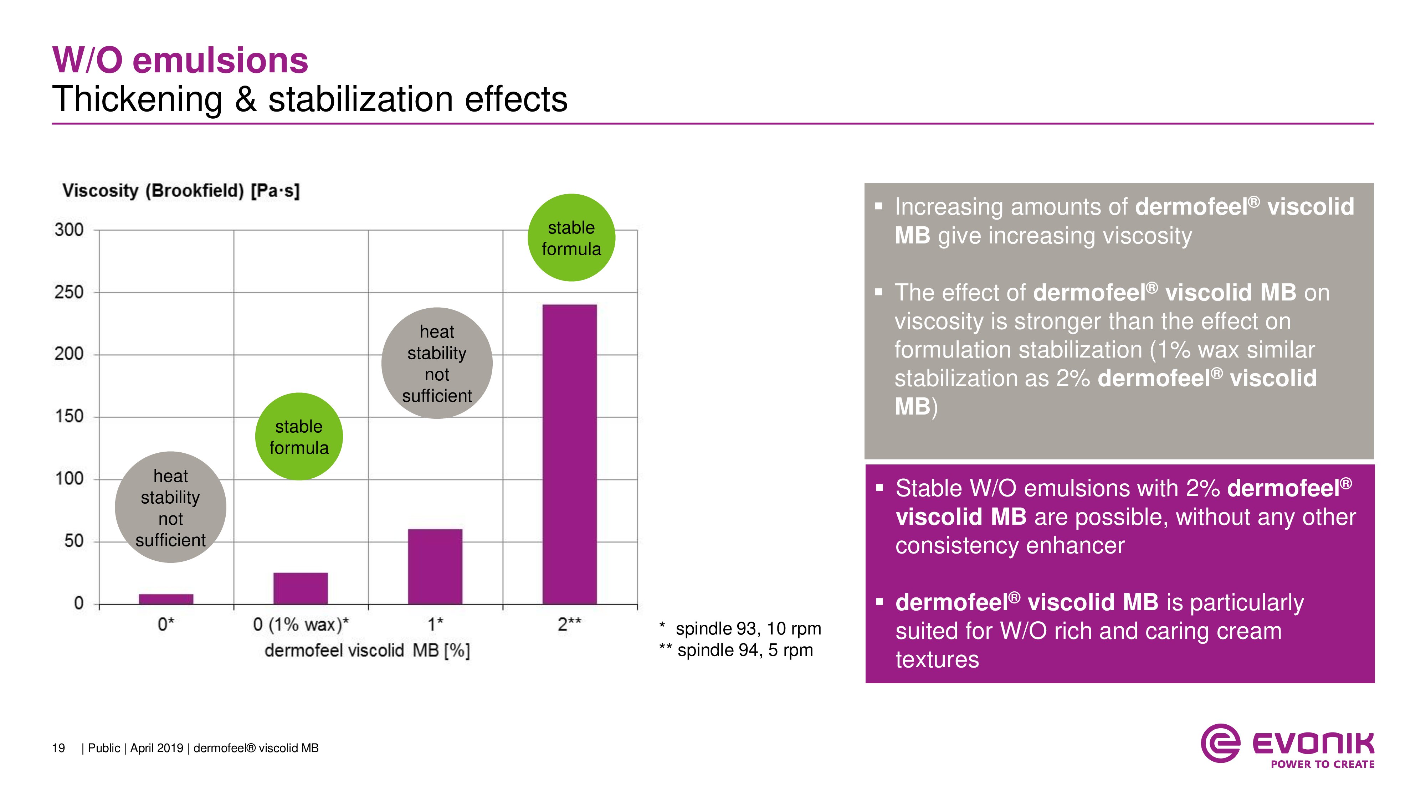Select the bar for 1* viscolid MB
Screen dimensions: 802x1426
pyautogui.click(x=435, y=566)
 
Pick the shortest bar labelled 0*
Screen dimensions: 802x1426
pyautogui.click(x=166, y=599)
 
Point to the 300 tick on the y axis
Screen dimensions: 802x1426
pyautogui.click(x=69, y=230)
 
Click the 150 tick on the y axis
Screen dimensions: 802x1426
pyautogui.click(x=69, y=416)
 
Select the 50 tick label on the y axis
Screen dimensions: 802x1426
pyautogui.click(x=74, y=541)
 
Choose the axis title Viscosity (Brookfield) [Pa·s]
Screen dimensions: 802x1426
pyautogui.click(x=181, y=191)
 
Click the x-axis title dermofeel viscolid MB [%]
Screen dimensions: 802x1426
pyautogui.click(x=367, y=651)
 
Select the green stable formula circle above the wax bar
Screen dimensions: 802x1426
pyautogui.click(x=299, y=437)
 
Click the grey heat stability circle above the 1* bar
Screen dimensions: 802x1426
pyautogui.click(x=437, y=363)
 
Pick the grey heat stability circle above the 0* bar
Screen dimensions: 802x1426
pyautogui.click(x=170, y=508)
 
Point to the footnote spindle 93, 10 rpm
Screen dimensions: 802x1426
pyautogui.click(x=747, y=629)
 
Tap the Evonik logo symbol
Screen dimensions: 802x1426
pyautogui.click(x=1220, y=743)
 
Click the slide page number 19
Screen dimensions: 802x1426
pyautogui.click(x=58, y=748)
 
